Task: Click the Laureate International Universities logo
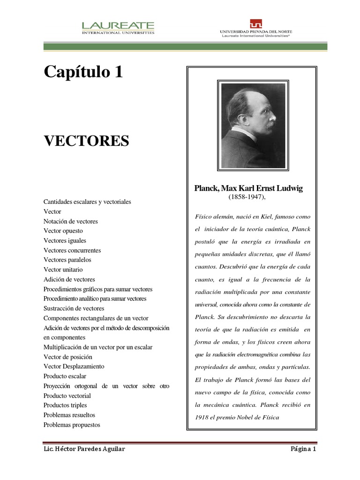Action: [x=118, y=28]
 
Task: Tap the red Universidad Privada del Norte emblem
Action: [x=256, y=24]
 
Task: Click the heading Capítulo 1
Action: [x=83, y=72]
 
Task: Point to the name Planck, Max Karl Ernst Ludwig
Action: [x=248, y=188]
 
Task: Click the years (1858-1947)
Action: [x=247, y=197]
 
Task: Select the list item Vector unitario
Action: [x=63, y=270]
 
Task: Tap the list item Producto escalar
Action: [x=65, y=376]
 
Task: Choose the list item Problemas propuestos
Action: [x=72, y=425]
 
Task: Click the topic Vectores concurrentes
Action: [x=72, y=250]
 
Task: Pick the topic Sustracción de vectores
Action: [x=74, y=308]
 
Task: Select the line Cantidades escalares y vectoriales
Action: [x=87, y=202]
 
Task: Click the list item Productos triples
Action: [x=65, y=405]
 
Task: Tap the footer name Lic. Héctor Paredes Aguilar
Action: [x=84, y=449]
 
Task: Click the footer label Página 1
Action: [x=303, y=449]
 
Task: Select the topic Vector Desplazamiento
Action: [x=74, y=366]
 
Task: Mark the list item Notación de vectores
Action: [x=70, y=221]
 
